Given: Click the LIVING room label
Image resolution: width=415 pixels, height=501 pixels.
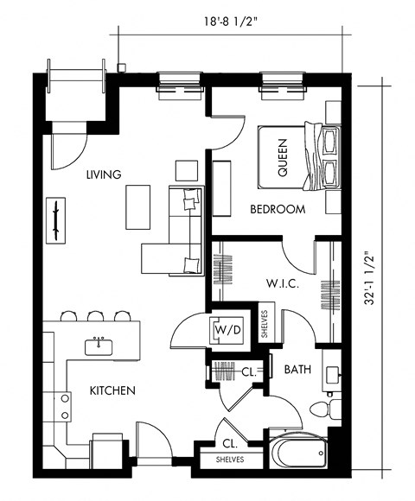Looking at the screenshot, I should [x=104, y=174].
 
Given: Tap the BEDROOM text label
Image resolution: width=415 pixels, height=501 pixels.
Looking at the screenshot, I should [x=278, y=209].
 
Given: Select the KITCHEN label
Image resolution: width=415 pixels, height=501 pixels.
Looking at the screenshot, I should [x=112, y=390].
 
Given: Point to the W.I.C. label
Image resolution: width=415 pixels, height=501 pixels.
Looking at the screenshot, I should [x=281, y=283].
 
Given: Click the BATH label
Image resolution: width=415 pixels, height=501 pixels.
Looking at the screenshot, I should [x=297, y=370].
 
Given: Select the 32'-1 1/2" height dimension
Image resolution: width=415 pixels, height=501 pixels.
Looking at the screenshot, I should [x=370, y=278].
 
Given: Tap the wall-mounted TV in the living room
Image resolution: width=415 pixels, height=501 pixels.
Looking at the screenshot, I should [x=56, y=218].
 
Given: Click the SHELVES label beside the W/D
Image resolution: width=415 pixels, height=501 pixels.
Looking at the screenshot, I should [x=265, y=323].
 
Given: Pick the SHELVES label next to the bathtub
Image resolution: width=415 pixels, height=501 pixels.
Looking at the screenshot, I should [x=229, y=460].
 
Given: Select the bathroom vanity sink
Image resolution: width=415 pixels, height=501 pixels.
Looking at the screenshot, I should [x=334, y=372].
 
